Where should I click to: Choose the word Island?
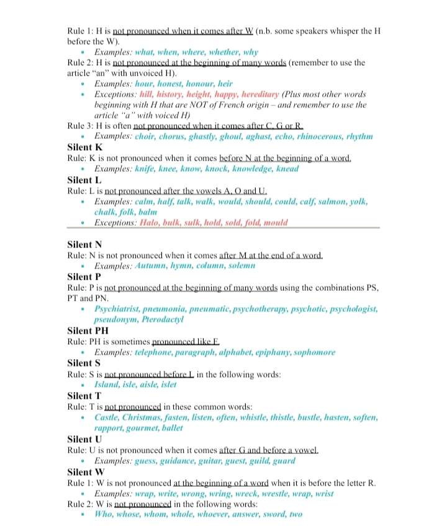(109, 385)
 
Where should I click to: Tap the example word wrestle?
(278, 494)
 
